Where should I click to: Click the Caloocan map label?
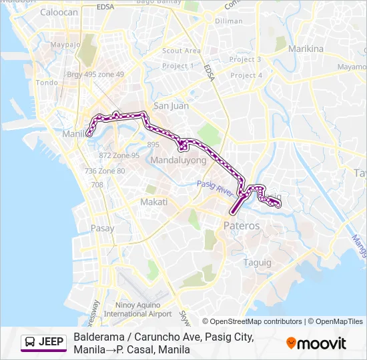pyautogui.click(x=59, y=12)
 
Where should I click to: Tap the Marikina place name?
pyautogui.click(x=305, y=49)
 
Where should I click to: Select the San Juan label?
pyautogui.click(x=171, y=105)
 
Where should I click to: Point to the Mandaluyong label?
pyautogui.click(x=178, y=161)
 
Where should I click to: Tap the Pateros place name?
pyautogui.click(x=241, y=226)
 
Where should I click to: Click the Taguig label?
pyautogui.click(x=257, y=262)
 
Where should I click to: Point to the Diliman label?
pyautogui.click(x=229, y=21)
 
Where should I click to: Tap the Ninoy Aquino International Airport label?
pyautogui.click(x=138, y=309)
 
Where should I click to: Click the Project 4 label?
pyautogui.click(x=246, y=75)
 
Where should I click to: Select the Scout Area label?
pyautogui.click(x=181, y=51)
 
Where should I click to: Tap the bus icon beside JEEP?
pyautogui.click(x=30, y=343)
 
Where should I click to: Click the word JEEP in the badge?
pyautogui.click(x=51, y=343)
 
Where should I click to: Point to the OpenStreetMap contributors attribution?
pyautogui.click(x=254, y=321)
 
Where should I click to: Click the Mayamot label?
pyautogui.click(x=352, y=67)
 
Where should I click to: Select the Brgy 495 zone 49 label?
pyautogui.click(x=95, y=74)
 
